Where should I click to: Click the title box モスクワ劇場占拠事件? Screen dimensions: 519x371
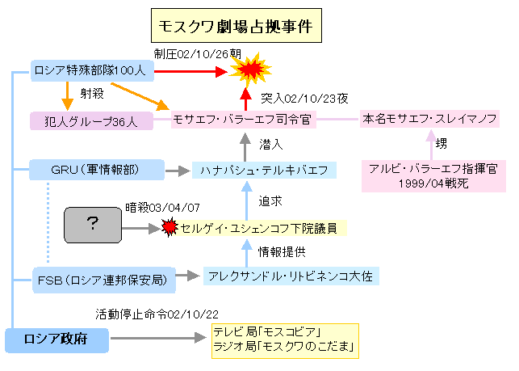click(x=236, y=26)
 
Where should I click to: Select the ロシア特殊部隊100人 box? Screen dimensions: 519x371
click(x=92, y=70)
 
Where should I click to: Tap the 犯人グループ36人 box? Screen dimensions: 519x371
click(x=92, y=121)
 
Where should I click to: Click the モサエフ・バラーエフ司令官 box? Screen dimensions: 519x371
click(x=243, y=120)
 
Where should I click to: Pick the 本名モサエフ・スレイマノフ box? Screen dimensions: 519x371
click(x=429, y=119)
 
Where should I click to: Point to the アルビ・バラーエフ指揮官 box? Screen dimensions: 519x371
click(x=433, y=176)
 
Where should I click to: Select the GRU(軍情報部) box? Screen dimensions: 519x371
click(x=97, y=170)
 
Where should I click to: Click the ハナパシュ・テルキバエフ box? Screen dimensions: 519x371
click(x=264, y=170)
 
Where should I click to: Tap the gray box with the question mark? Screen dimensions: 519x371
click(x=93, y=226)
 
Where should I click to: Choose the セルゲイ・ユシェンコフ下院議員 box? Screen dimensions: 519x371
click(x=259, y=228)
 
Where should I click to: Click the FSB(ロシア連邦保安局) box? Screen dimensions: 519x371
click(x=104, y=280)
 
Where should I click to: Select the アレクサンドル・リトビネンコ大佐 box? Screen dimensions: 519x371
click(x=291, y=276)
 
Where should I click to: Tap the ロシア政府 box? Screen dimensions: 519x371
click(x=57, y=340)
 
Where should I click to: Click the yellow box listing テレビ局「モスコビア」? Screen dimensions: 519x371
click(x=285, y=341)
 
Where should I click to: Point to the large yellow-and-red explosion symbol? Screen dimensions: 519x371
click(x=250, y=70)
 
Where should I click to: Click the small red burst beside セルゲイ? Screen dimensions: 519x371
click(x=170, y=227)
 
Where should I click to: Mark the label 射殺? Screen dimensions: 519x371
click(x=92, y=94)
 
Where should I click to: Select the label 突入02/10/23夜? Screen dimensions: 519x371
click(x=304, y=99)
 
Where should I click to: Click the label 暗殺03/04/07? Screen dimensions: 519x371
click(x=162, y=208)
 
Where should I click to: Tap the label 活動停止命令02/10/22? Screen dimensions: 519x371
click(x=157, y=314)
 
